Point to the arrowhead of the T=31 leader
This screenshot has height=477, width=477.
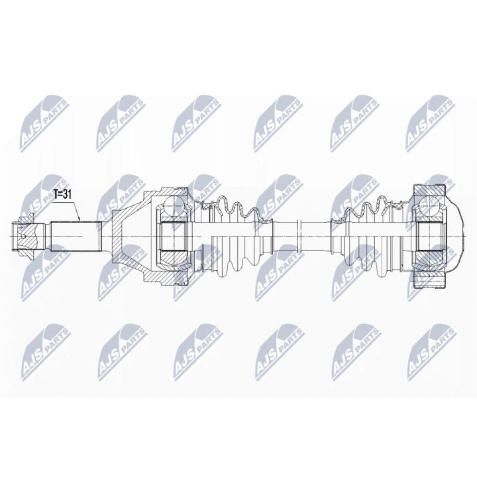(x=79, y=219)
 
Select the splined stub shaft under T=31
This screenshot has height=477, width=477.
(x=74, y=233)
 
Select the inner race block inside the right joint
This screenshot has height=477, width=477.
(x=431, y=234)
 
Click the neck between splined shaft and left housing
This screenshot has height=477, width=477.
(x=105, y=234)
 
